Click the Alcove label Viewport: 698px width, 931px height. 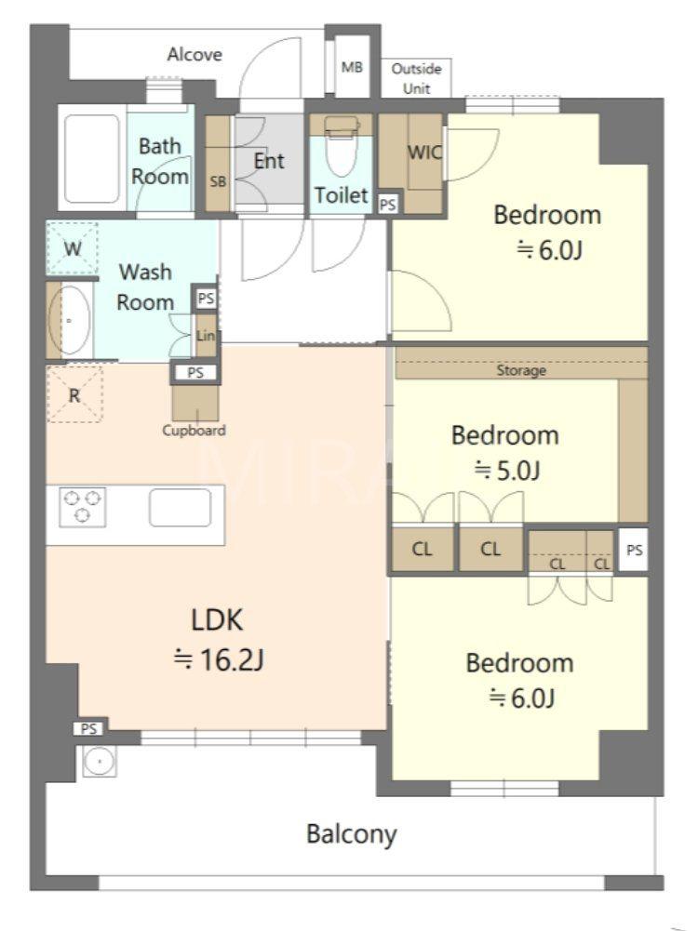[x=195, y=55]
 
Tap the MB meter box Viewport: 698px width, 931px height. [x=353, y=67]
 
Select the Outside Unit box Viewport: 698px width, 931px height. [x=416, y=78]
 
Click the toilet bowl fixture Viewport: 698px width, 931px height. [x=341, y=144]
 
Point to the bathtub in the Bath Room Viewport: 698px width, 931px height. [x=92, y=158]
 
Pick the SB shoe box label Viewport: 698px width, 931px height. [x=218, y=181]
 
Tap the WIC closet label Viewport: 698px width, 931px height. [x=424, y=153]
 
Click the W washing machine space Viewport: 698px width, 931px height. [x=73, y=248]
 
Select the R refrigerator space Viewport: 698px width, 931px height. [x=74, y=395]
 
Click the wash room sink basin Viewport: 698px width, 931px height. [x=70, y=320]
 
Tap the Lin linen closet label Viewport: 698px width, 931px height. [x=206, y=336]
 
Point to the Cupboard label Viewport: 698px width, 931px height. [x=195, y=431]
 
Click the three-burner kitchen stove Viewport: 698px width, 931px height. [x=83, y=507]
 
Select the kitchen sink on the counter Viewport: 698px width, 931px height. [x=180, y=508]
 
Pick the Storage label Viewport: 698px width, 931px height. [x=521, y=371]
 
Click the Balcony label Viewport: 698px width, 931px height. [x=352, y=834]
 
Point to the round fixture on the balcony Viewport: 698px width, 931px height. [x=100, y=761]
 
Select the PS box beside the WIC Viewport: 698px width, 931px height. [x=388, y=205]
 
